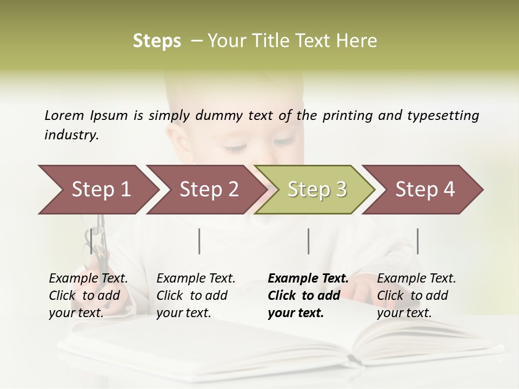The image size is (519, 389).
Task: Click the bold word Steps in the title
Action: tap(157, 41)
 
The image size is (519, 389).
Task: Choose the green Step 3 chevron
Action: tap(316, 190)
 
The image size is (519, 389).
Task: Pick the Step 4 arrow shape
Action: tap(424, 190)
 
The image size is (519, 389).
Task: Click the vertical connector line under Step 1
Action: tap(91, 241)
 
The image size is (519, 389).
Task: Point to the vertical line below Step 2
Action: tap(199, 241)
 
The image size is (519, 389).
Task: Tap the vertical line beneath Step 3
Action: tap(309, 241)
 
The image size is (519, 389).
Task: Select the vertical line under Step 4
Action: tap(417, 241)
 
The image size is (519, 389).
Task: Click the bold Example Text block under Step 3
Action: tap(308, 296)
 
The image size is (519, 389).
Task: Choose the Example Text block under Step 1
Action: tap(88, 296)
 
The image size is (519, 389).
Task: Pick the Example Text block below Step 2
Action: tap(196, 296)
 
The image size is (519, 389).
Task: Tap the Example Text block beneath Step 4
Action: tap(416, 296)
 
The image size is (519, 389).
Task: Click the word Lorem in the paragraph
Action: tap(64, 115)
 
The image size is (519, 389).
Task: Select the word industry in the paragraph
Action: tap(71, 135)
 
